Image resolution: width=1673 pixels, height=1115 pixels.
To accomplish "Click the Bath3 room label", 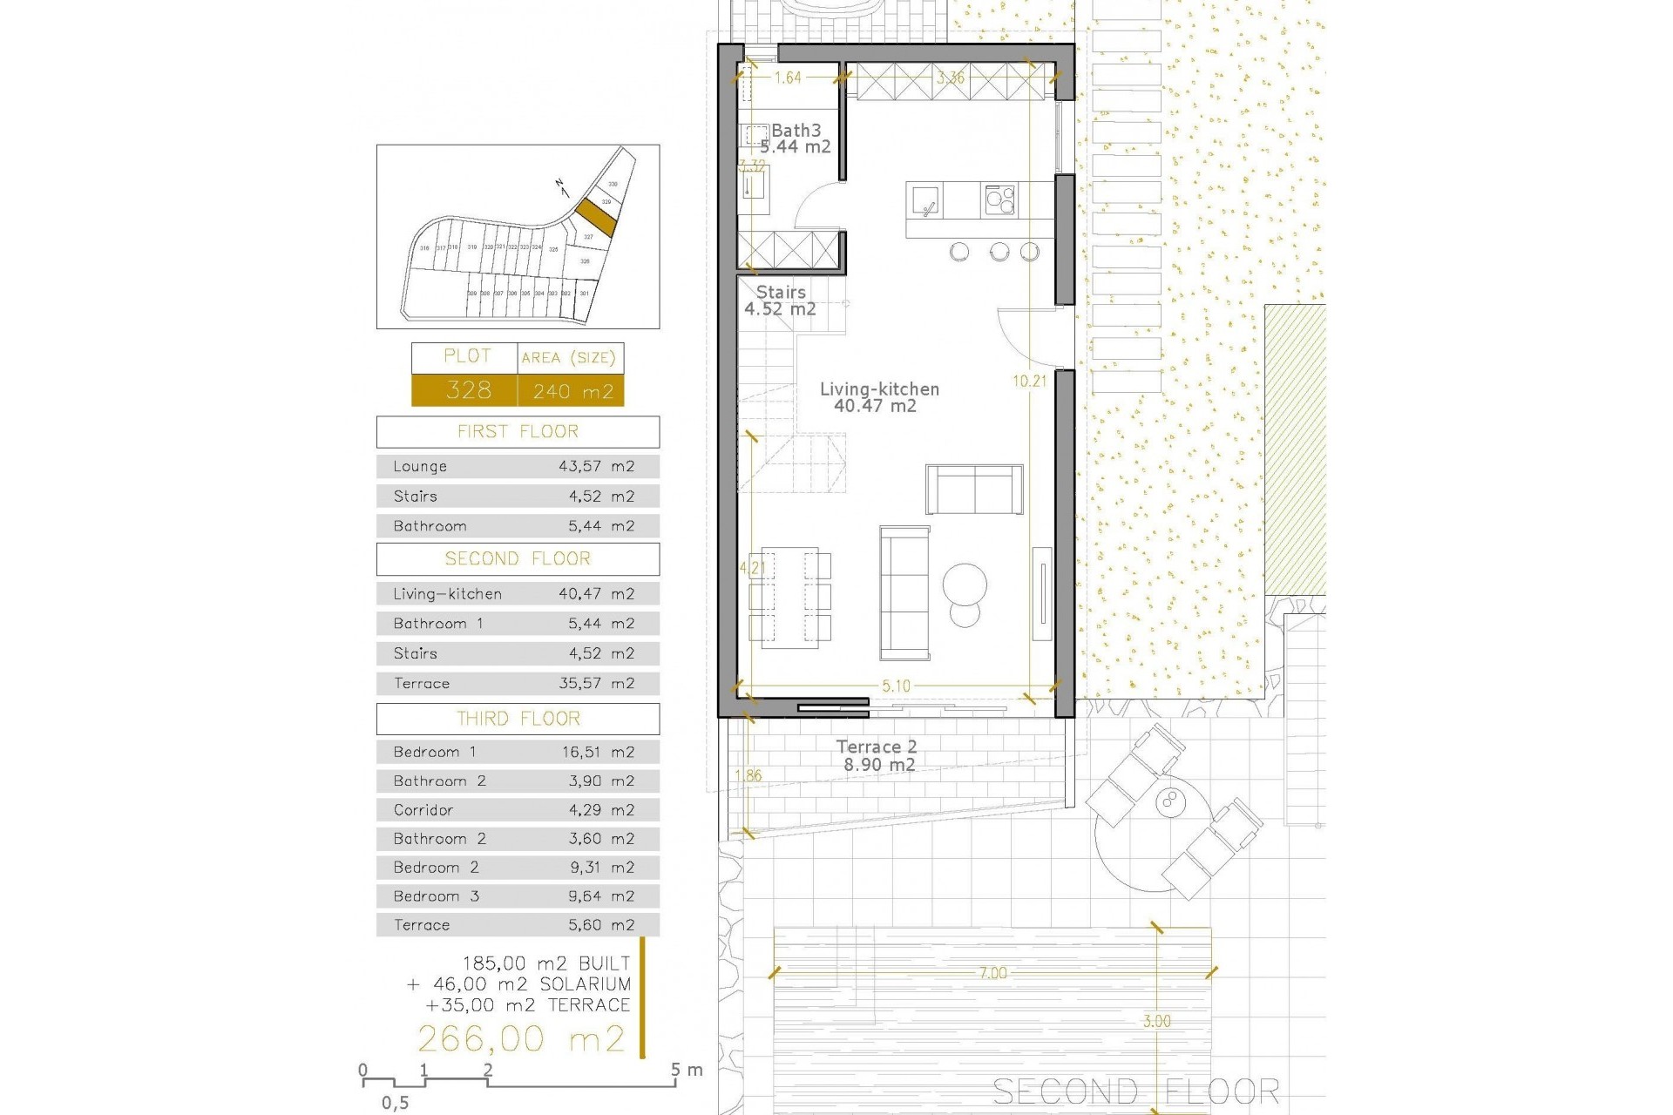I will pyautogui.click(x=795, y=132).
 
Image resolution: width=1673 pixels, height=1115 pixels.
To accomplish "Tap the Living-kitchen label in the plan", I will pyautogui.click(x=879, y=389).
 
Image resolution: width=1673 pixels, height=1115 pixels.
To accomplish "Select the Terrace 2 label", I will pyautogui.click(x=876, y=747).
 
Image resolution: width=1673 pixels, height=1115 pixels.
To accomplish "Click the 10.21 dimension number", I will pyautogui.click(x=1029, y=381).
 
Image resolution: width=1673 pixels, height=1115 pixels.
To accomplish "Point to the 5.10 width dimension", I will pyautogui.click(x=896, y=686).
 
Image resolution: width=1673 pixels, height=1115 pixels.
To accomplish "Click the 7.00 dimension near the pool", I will pyautogui.click(x=992, y=973).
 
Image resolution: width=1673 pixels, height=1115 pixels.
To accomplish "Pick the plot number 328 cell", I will pyautogui.click(x=468, y=390).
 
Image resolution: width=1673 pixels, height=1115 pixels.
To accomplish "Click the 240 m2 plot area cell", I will pyautogui.click(x=572, y=391).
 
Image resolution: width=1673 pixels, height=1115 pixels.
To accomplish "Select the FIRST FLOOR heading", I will pyautogui.click(x=518, y=432).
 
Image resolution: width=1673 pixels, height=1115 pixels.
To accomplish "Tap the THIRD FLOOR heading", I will pyautogui.click(x=518, y=719).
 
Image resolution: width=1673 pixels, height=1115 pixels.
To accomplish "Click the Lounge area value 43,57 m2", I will pyautogui.click(x=596, y=466).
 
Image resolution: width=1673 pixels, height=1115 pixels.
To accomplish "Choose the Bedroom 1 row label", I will pyautogui.click(x=435, y=752).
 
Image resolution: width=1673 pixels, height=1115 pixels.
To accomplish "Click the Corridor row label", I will pyautogui.click(x=423, y=810).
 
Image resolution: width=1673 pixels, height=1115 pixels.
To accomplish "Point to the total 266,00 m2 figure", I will pyautogui.click(x=521, y=1038).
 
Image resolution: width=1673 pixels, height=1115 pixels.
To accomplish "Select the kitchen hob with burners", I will pyautogui.click(x=999, y=200).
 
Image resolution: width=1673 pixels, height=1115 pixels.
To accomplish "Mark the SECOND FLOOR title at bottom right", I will pyautogui.click(x=1136, y=1091).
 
